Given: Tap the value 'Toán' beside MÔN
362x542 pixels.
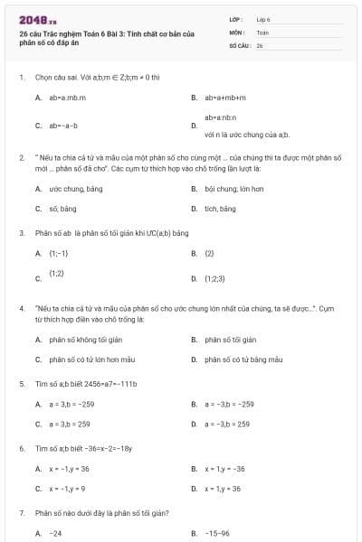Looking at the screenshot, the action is click(262, 32).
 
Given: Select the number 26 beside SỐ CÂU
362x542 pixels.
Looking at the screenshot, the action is click(260, 44).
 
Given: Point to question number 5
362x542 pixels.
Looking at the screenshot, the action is click(21, 384).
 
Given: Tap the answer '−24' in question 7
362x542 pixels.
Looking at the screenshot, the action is click(55, 533).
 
